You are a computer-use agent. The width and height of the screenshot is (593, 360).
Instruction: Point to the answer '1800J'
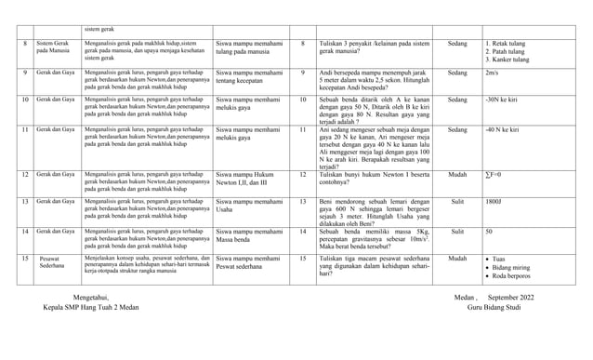coord(495,202)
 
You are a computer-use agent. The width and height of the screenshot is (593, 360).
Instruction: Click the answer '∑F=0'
coord(494,174)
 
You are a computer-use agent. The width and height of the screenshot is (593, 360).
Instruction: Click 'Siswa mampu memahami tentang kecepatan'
coord(249,77)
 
